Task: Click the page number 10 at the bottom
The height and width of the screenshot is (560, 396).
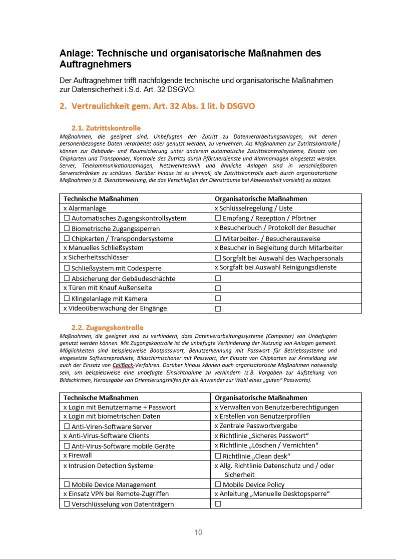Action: pos(198,532)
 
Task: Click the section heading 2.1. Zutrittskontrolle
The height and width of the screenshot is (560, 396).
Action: pos(106,128)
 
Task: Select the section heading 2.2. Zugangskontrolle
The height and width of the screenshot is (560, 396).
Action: pos(107,327)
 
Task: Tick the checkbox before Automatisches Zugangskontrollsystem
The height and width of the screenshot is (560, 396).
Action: pos(67,218)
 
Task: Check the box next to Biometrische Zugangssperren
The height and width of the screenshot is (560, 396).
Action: pos(67,228)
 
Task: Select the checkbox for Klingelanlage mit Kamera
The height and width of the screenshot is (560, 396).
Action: pos(67,298)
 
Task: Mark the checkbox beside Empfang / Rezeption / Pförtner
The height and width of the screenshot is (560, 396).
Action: pos(218,218)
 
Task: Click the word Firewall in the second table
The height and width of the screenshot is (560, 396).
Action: pos(80,455)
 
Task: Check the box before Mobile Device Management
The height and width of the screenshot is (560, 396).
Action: pos(67,484)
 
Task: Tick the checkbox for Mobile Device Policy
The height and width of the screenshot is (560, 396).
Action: pos(218,484)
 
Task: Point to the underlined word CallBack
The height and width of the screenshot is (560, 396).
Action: pos(123,365)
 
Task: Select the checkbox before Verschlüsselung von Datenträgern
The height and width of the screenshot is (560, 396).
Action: pos(67,504)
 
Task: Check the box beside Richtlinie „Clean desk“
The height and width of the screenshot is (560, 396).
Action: pos(218,456)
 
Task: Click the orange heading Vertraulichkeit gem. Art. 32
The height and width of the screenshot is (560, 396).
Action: pos(163,106)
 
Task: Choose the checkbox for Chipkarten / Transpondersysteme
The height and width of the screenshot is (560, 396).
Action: pos(67,238)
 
